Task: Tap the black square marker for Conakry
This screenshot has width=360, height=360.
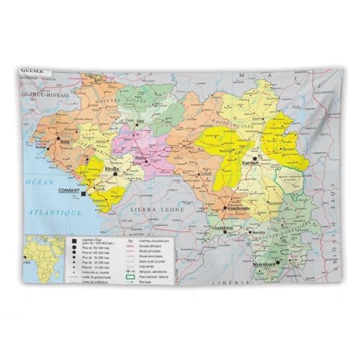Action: click(84, 194)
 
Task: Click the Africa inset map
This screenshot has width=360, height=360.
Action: click(42, 257)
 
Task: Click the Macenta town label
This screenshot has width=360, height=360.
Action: click(257, 233)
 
